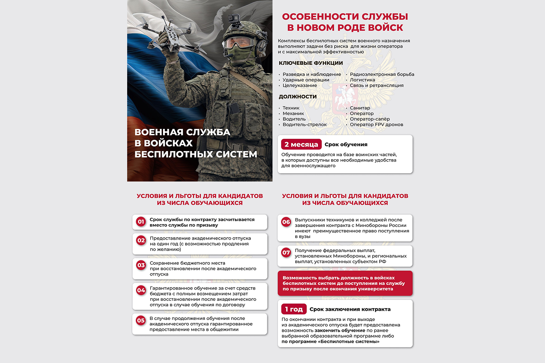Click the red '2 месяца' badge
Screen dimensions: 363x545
point(301,144)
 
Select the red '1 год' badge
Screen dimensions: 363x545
point(294,309)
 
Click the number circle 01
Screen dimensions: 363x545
point(141,222)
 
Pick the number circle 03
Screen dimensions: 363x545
point(141,265)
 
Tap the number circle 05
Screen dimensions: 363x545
point(141,320)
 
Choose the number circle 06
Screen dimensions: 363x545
point(286,222)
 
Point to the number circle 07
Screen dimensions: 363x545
point(286,253)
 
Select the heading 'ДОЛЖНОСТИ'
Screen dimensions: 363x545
point(297,97)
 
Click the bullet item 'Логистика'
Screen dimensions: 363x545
point(362,80)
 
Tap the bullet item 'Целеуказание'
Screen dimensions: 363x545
point(300,85)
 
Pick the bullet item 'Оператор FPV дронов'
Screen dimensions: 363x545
point(377,124)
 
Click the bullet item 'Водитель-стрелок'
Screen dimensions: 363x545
point(305,124)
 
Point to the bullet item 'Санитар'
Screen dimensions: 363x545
point(360,108)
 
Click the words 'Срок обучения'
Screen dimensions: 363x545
point(346,144)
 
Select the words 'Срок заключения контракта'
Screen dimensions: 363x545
point(350,309)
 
